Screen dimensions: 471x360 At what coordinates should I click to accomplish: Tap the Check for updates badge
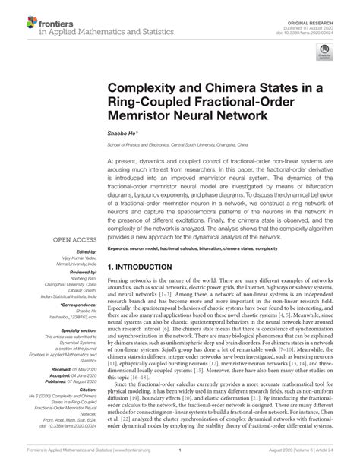(330, 53)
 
